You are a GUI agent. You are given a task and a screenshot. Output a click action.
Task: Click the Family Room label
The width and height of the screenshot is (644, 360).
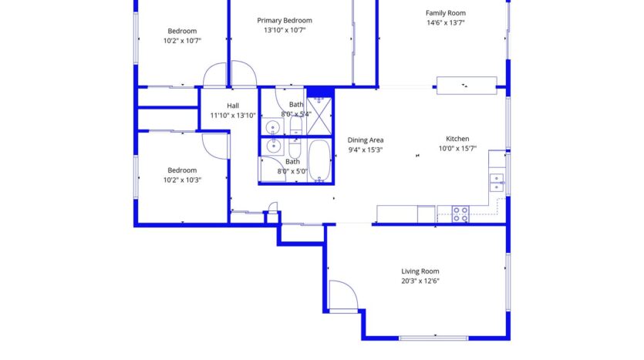(x=445, y=12)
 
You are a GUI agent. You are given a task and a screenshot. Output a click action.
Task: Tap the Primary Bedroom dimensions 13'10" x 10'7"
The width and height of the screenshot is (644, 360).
(x=285, y=30)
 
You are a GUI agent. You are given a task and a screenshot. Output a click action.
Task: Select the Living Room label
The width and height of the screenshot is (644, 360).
(x=420, y=271)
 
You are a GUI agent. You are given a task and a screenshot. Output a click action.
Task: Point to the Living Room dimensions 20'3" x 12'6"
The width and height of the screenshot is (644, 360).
(x=420, y=281)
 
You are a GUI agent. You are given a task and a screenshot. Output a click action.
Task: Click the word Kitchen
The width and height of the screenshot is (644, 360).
(x=457, y=139)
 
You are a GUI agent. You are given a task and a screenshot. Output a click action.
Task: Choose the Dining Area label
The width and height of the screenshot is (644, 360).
(x=366, y=140)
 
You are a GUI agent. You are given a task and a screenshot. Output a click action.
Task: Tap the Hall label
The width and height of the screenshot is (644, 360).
(x=232, y=106)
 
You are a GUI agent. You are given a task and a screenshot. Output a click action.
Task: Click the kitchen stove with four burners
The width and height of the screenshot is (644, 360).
(x=460, y=214)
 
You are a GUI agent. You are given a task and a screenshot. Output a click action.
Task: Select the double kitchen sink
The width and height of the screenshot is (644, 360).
(x=497, y=182)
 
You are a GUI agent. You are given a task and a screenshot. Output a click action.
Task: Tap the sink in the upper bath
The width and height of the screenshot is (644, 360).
(x=272, y=128)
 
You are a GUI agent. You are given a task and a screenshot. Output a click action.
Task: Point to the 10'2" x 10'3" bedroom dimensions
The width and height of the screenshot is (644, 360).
(x=182, y=180)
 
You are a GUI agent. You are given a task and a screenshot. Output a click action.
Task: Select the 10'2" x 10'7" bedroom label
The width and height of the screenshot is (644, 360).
(x=182, y=31)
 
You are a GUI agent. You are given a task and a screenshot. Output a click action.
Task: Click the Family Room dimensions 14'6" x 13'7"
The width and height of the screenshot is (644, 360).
(x=445, y=23)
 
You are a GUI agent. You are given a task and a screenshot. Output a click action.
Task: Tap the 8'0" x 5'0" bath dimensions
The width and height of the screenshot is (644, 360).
(x=293, y=172)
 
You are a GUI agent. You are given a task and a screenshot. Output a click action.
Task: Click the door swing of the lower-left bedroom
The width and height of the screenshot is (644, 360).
(x=214, y=145)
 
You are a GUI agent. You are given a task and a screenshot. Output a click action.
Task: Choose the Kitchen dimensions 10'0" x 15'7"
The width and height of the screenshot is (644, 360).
(x=457, y=149)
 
